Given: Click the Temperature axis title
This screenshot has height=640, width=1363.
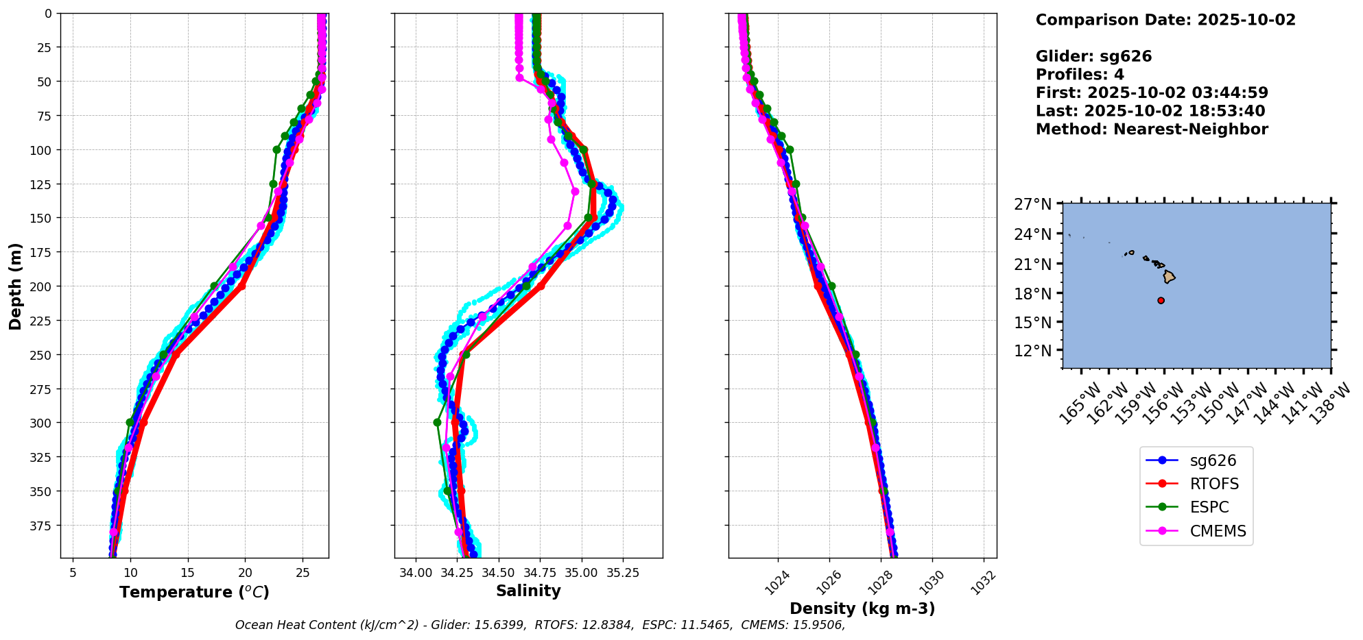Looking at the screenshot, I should [x=194, y=592].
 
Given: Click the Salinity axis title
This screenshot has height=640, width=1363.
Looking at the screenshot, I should [x=528, y=591].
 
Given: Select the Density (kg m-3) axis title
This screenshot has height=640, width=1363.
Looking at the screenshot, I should [x=862, y=608].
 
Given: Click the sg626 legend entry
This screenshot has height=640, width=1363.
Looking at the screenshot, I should [x=1213, y=460].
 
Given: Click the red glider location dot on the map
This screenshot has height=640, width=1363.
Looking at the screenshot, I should [x=1161, y=300].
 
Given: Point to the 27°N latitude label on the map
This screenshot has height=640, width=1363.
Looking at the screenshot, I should [x=1033, y=204].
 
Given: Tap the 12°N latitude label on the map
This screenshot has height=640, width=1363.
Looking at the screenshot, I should [x=1033, y=351].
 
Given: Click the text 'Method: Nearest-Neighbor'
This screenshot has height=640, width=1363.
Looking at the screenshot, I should [x=1152, y=130].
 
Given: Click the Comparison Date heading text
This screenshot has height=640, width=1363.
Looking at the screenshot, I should [x=1165, y=20].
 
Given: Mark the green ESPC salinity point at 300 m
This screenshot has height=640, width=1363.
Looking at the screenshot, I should [x=437, y=422].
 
